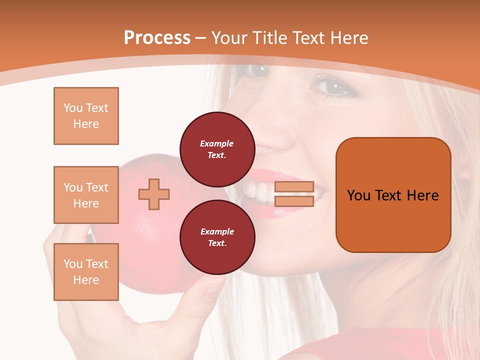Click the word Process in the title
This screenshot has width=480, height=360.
tap(157, 38)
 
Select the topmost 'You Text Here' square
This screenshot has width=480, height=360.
tap(86, 116)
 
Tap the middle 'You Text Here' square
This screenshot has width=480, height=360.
tap(86, 195)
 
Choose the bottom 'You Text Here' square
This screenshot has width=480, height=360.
tap(86, 272)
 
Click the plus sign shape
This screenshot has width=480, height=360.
tap(154, 194)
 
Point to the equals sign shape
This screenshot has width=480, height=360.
tap(294, 194)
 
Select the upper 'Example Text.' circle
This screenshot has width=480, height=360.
tap(217, 149)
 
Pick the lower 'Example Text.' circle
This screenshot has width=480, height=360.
tap(217, 237)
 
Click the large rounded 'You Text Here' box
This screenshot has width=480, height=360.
tap(393, 195)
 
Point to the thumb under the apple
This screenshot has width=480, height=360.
tap(210, 290)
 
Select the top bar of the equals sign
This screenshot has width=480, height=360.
tap(294, 187)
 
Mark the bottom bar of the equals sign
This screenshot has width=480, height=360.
tap(294, 201)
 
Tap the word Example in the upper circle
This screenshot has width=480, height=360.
tap(217, 143)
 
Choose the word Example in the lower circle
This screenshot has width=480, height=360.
tap(217, 231)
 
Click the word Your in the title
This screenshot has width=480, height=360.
tap(228, 38)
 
